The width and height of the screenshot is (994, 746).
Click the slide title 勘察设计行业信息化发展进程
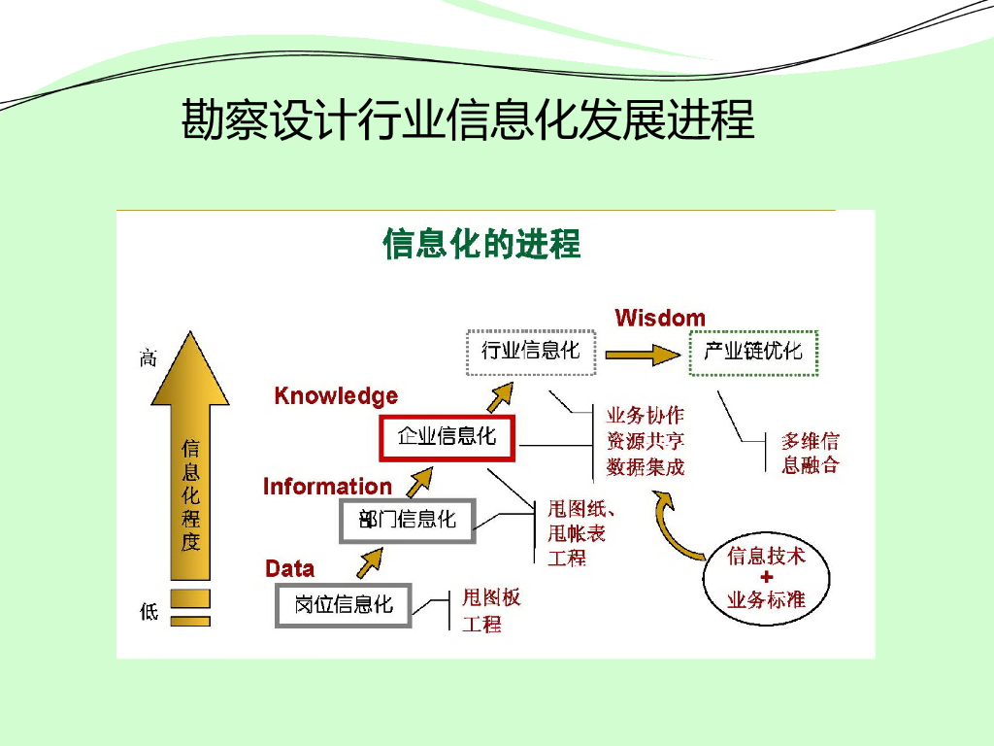(468, 121)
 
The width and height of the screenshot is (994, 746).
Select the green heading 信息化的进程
(481, 244)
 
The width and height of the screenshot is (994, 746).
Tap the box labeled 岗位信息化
(344, 604)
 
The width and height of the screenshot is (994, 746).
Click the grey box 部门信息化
(407, 520)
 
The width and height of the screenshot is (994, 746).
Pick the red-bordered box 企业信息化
(447, 437)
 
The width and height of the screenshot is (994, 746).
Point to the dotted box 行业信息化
(530, 351)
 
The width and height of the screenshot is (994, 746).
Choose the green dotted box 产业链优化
(753, 352)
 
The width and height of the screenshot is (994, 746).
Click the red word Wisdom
(660, 318)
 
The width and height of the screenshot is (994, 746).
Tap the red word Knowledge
(336, 396)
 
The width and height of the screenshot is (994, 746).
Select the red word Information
(327, 487)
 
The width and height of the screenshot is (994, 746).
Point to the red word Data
(289, 568)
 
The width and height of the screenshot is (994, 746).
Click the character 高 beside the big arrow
(148, 358)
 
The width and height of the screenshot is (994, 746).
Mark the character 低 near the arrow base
(149, 612)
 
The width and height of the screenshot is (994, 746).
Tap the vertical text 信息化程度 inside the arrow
(190, 495)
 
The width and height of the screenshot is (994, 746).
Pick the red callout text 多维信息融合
(810, 453)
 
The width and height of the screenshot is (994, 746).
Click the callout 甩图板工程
(490, 611)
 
